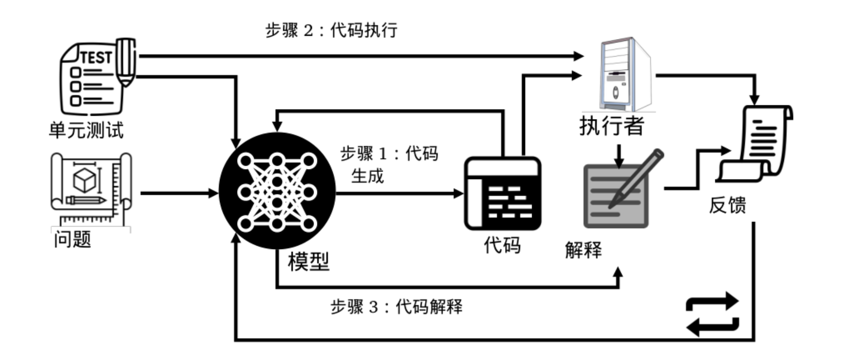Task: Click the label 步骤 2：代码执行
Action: click(331, 30)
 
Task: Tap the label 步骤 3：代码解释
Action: click(396, 307)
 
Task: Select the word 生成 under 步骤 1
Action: click(367, 176)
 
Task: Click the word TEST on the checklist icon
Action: click(96, 58)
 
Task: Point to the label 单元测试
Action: click(86, 130)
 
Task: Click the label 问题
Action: click(72, 239)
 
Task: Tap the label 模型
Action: click(308, 261)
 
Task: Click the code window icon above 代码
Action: click(503, 193)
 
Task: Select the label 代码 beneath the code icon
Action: click(502, 245)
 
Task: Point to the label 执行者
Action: click(612, 126)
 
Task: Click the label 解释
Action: click(583, 250)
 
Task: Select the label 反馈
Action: click(727, 205)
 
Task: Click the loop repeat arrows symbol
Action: click(713, 314)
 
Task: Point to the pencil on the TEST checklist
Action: click(126, 62)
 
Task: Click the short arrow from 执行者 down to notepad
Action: click(619, 155)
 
